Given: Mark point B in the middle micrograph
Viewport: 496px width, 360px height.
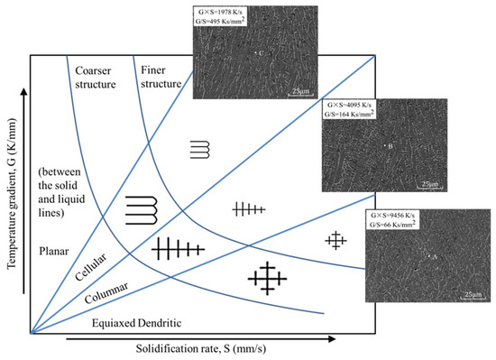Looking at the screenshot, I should tap(386, 144).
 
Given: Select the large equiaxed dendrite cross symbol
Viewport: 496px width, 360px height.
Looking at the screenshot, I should tap(269, 275).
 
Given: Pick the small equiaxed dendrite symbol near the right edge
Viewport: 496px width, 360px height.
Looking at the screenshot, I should tap(335, 239).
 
